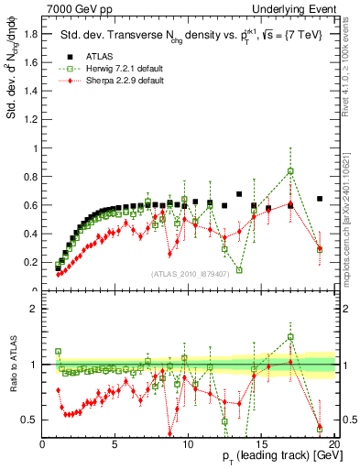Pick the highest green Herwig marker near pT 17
[290, 171]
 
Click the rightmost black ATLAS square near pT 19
[320, 199]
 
